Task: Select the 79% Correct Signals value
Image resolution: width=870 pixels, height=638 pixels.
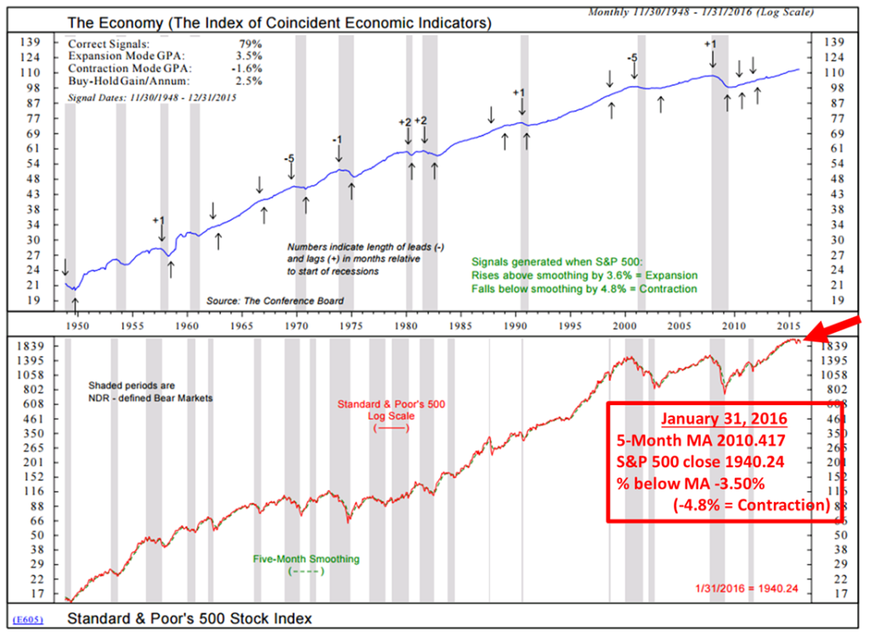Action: point(250,43)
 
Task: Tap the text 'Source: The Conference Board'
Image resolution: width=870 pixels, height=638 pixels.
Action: point(275,302)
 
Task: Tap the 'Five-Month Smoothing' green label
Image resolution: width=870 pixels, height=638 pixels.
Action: point(306,559)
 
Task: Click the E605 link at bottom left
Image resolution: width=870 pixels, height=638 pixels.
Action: point(29,618)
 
